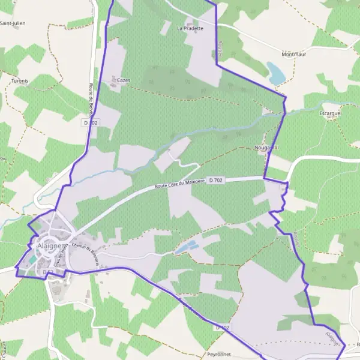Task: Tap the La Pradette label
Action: (190, 28)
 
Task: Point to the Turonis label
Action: (20, 80)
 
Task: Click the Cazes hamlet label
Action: (124, 80)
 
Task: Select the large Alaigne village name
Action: (49, 246)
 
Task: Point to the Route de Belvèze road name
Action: (92, 99)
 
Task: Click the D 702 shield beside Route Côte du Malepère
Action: (217, 179)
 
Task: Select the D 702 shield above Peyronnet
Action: (222, 328)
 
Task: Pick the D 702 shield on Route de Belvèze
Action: (91, 122)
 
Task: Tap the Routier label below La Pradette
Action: (220, 49)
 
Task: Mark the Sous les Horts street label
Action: (58, 258)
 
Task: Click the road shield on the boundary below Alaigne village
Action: (49, 272)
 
